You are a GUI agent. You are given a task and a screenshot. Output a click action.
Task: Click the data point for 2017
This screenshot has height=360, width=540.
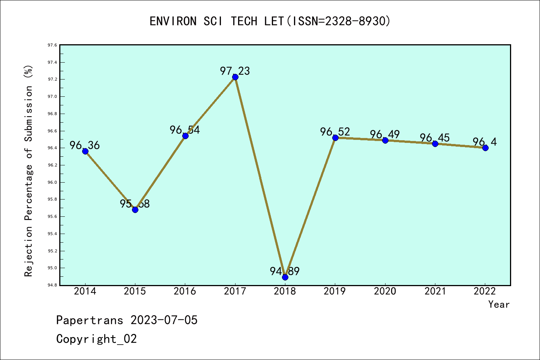(x=235, y=77)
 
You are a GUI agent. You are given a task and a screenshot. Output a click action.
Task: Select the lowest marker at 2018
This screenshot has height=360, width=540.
(x=285, y=277)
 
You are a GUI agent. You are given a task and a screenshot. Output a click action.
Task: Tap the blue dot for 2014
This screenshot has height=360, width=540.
(x=85, y=151)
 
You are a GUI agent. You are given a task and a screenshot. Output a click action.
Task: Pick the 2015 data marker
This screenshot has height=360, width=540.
(x=135, y=210)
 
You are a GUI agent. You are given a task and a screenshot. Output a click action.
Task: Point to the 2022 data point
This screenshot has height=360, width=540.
(x=485, y=148)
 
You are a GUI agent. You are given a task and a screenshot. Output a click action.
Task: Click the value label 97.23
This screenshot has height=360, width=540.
(x=235, y=71)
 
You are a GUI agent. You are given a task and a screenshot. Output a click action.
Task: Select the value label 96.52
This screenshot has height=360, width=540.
(x=335, y=132)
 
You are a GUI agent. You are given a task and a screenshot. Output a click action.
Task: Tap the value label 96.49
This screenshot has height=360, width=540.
(x=385, y=134)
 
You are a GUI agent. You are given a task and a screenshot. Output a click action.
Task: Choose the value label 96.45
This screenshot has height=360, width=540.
(x=435, y=138)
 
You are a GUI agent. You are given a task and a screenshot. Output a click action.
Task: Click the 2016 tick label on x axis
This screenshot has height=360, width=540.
(x=185, y=291)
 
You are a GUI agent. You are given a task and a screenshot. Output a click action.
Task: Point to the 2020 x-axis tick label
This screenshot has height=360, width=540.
(x=385, y=291)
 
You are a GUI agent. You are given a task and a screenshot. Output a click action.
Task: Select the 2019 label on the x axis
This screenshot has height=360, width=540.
(x=335, y=291)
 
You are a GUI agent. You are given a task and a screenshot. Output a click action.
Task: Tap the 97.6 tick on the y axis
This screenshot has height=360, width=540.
(x=52, y=45)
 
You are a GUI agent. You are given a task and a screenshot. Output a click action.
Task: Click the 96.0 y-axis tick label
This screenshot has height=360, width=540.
(x=52, y=182)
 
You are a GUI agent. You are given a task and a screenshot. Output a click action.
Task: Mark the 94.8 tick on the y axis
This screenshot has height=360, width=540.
(x=52, y=285)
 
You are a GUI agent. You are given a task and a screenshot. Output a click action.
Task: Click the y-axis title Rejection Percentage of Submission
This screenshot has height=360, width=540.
(x=28, y=171)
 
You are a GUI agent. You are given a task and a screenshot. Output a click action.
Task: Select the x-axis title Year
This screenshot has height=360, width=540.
(x=499, y=304)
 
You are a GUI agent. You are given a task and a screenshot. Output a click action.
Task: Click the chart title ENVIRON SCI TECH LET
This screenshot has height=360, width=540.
(x=270, y=21)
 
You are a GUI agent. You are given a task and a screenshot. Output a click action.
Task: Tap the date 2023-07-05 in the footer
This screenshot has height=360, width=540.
(x=164, y=320)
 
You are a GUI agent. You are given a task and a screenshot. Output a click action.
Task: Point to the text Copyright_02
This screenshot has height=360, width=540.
(x=96, y=339)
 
